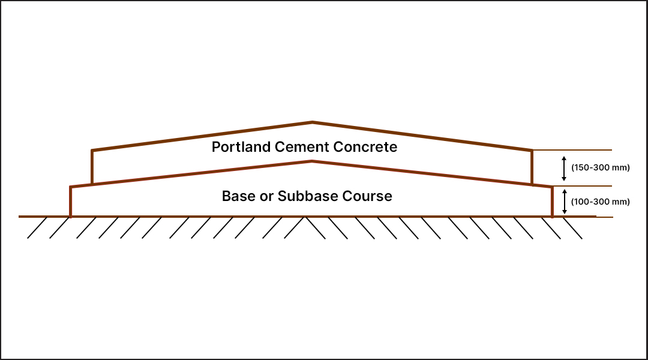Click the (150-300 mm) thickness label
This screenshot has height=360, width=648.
coord(600,168)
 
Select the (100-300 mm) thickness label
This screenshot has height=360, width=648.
coord(600,202)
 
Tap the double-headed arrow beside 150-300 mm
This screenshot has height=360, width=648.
coord(564,168)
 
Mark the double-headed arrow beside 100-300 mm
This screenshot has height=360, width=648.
coord(564,202)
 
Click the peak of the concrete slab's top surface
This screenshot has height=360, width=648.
coord(312,122)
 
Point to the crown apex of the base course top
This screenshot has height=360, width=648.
coord(312,161)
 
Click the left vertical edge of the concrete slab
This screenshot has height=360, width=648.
coord(92,167)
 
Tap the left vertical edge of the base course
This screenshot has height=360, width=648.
coord(71,202)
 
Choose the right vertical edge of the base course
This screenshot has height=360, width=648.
coord(552,202)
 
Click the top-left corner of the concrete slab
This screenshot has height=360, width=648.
coord(92,150)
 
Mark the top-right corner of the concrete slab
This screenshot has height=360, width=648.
coord(532,150)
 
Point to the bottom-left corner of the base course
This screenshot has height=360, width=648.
coord(71,216)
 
